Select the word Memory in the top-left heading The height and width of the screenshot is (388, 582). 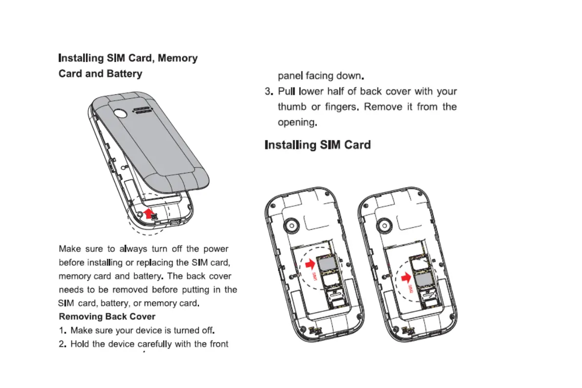pos(177,58)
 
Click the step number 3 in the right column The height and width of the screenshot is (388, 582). pos(268,91)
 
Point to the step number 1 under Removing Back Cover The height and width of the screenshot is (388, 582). pos(63,330)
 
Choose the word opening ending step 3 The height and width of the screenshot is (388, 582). pos(297,122)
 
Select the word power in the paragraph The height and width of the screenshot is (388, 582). pos(215,249)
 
